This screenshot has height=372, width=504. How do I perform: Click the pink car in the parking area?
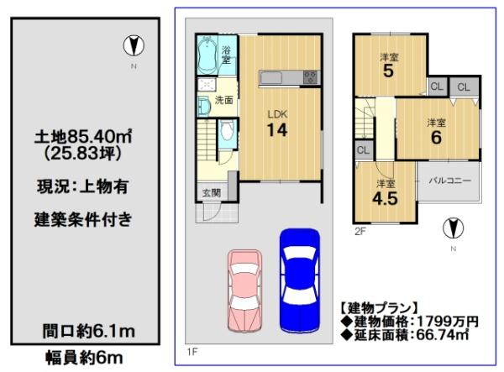[244, 291]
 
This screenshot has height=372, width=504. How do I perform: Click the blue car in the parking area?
[300, 280]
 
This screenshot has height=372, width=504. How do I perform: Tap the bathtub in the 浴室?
[207, 55]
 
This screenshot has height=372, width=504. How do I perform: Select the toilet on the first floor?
[227, 133]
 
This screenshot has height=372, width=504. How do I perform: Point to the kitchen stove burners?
[310, 77]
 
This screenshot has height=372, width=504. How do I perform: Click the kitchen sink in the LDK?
[271, 78]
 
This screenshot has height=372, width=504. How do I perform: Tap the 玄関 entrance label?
[212, 193]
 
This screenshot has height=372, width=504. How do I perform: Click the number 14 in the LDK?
[277, 130]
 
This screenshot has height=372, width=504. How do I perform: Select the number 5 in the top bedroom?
[388, 71]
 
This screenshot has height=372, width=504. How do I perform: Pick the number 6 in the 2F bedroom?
[436, 138]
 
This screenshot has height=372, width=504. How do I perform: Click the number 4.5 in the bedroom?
[385, 198]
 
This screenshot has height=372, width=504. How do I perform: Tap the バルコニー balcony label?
[450, 181]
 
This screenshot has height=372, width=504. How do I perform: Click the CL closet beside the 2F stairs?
[363, 150]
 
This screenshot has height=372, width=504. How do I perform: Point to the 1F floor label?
[192, 352]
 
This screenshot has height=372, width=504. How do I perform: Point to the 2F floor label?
[360, 231]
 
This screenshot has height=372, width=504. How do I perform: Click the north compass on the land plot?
[134, 45]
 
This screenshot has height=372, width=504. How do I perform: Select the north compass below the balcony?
[454, 228]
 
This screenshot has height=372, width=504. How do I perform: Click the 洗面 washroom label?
[223, 100]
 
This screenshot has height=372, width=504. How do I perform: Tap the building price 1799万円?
[448, 322]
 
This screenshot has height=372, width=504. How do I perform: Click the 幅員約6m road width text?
[84, 358]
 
